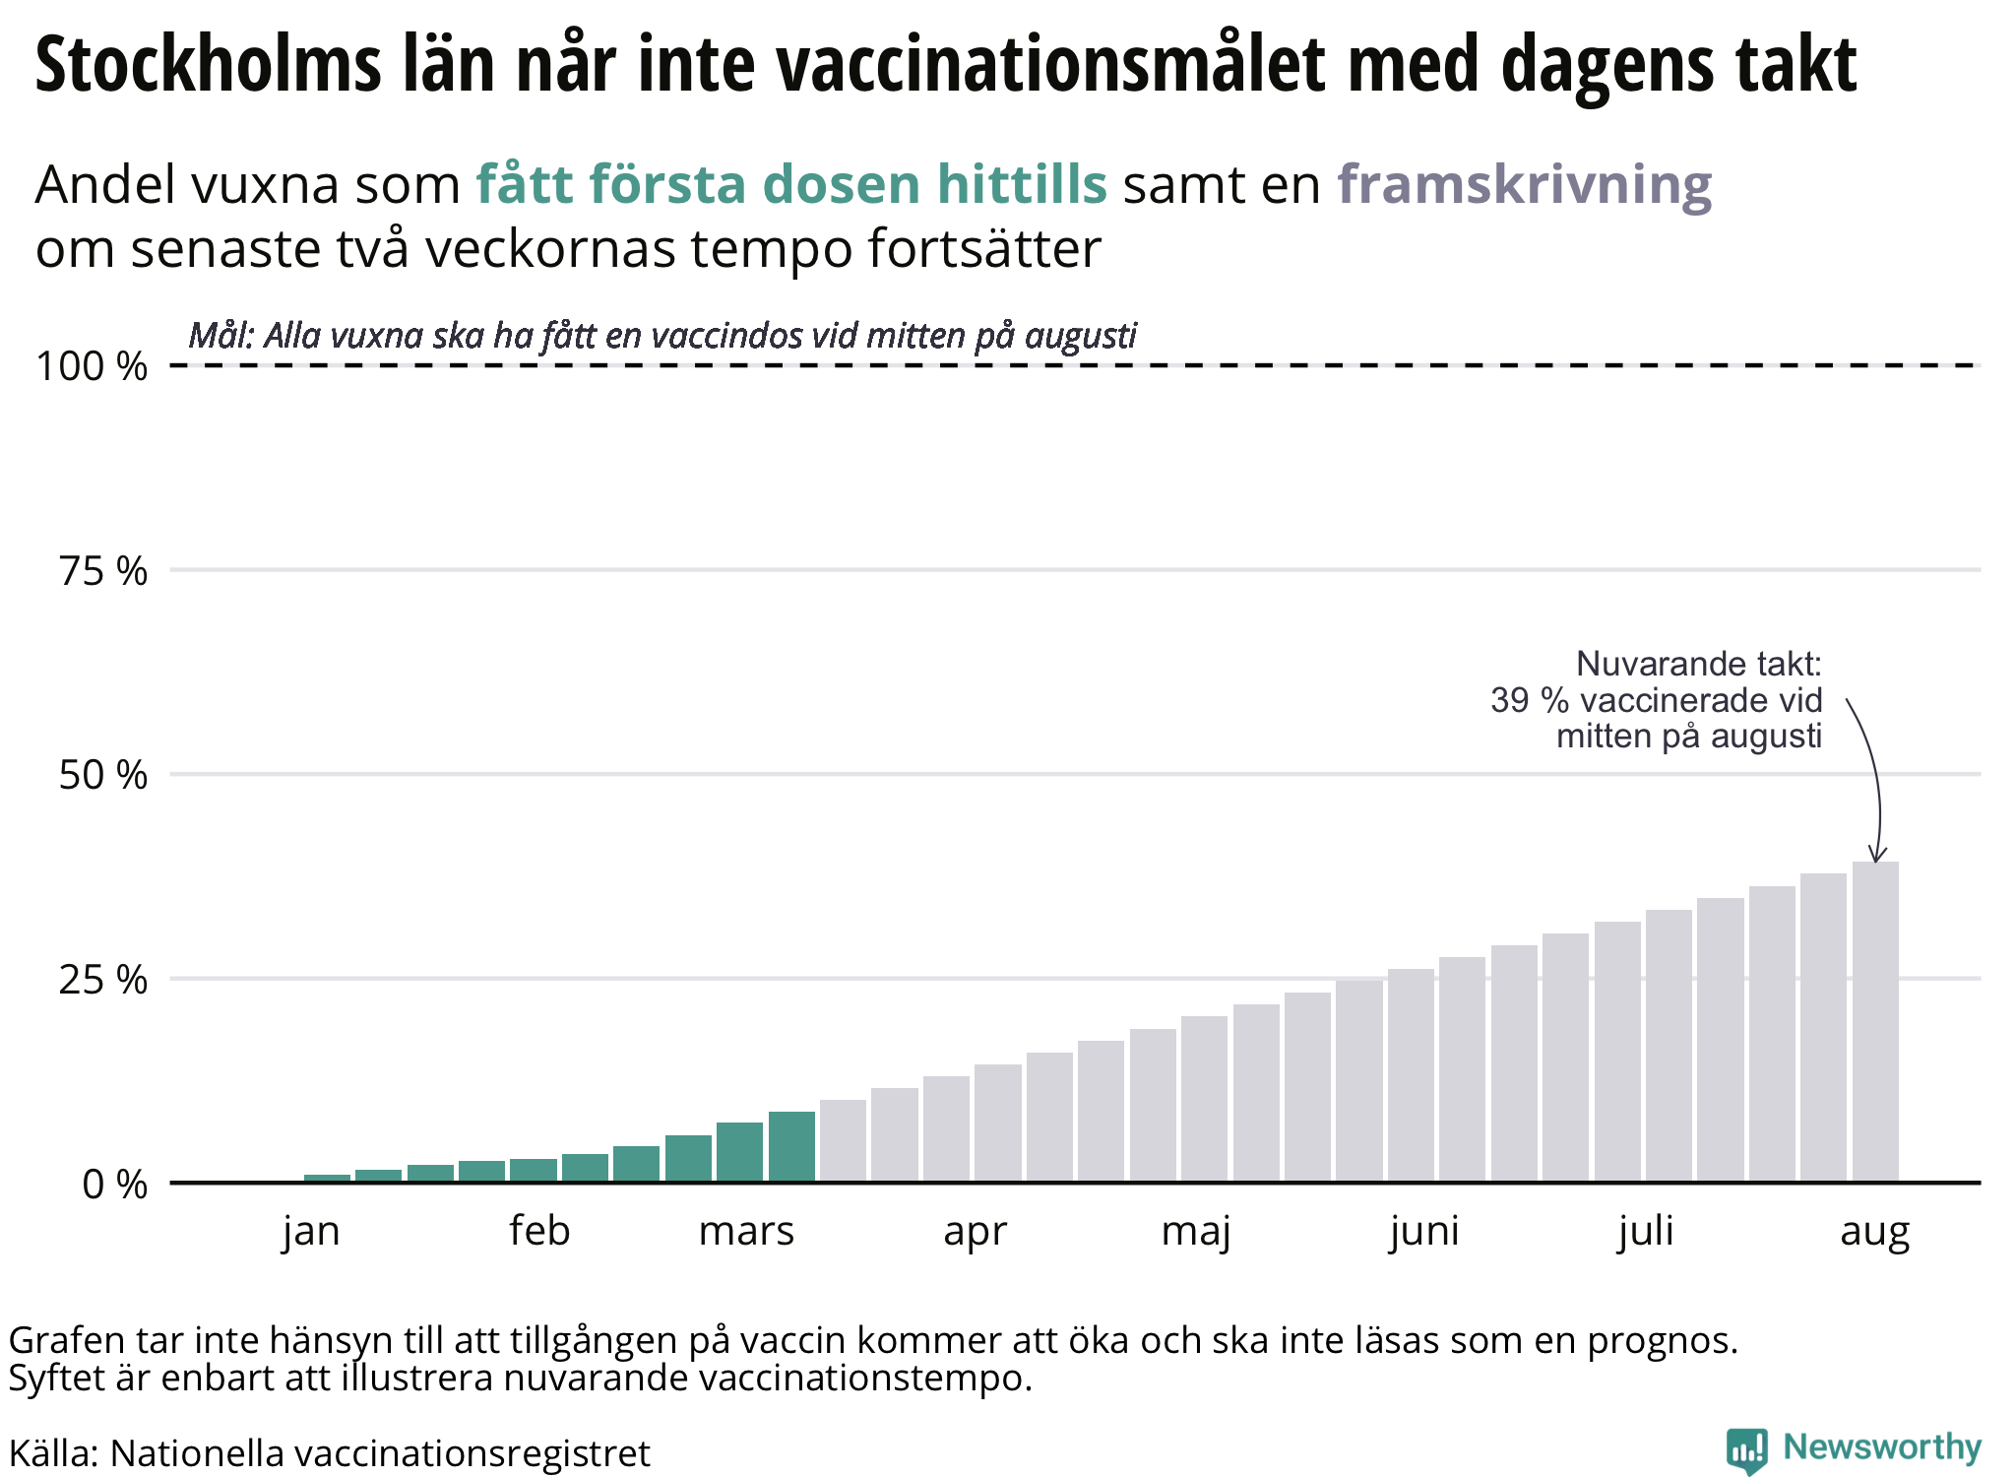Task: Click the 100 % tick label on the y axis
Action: [x=92, y=366]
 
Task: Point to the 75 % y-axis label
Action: [x=102, y=571]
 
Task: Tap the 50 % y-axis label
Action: [x=102, y=776]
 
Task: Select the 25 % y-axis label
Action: [x=102, y=980]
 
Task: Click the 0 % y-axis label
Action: [x=114, y=1185]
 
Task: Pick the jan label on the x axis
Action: [x=311, y=1232]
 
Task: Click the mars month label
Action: [x=746, y=1232]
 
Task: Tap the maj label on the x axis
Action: [x=1196, y=1232]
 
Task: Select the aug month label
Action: [x=1874, y=1232]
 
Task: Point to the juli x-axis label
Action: [x=1646, y=1232]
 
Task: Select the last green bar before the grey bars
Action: [x=791, y=1147]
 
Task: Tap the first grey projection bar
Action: [x=843, y=1141]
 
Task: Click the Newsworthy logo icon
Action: [x=1747, y=1450]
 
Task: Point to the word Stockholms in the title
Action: [x=208, y=65]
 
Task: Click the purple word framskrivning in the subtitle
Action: [x=1524, y=184]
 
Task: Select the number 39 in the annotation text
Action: [x=1509, y=700]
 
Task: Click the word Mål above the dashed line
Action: [x=220, y=336]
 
